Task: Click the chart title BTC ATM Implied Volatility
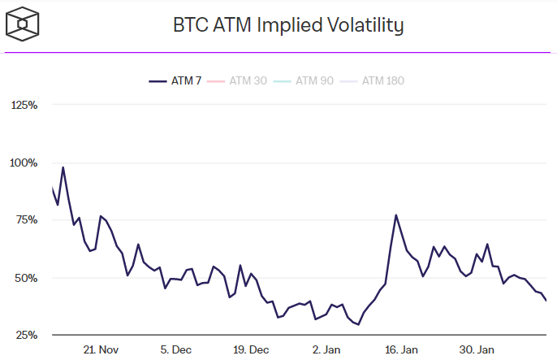tap(288, 25)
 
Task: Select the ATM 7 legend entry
tap(176, 80)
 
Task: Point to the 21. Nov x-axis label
tap(101, 349)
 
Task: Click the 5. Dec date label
tap(176, 349)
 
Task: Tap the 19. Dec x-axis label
tap(251, 349)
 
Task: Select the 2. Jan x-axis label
tap(326, 349)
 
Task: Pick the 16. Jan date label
tap(401, 349)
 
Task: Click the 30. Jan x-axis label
tap(477, 349)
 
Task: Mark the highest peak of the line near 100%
tap(63, 167)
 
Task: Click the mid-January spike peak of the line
tap(395, 215)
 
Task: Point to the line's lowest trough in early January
tap(358, 324)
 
